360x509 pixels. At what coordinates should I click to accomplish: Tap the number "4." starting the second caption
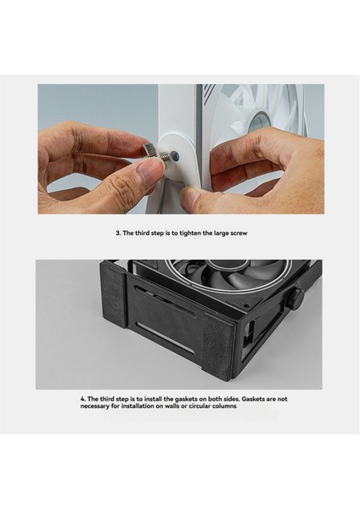point(82,399)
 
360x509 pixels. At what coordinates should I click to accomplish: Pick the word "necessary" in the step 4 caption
point(101,406)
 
